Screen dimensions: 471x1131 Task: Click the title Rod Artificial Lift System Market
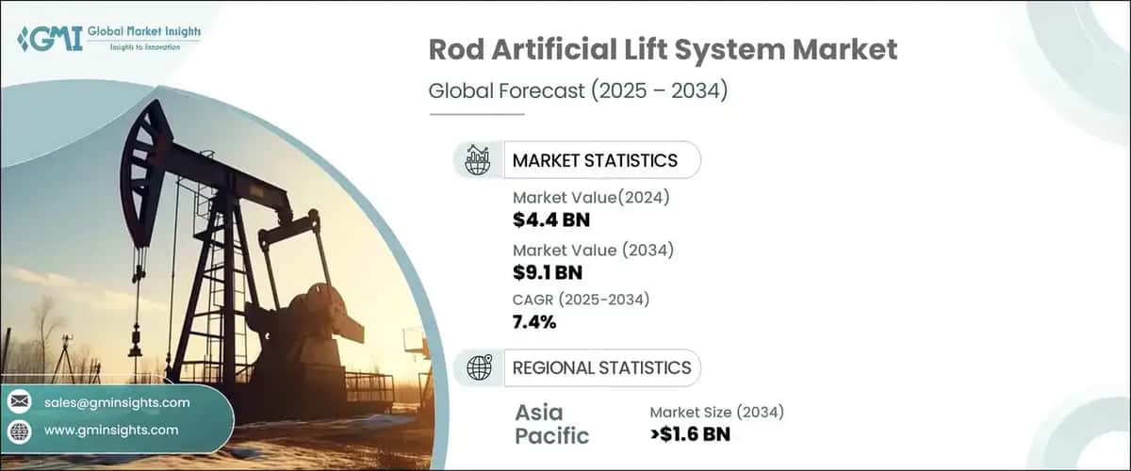[664, 51]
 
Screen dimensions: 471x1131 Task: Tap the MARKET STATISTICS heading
[595, 160]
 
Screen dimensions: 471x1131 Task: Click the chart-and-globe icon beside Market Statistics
[479, 160]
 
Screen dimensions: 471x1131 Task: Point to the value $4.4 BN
[551, 220]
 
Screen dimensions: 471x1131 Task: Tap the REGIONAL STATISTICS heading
[601, 367]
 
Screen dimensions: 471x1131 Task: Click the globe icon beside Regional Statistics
[479, 367]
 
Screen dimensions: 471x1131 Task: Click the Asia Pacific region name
[552, 423]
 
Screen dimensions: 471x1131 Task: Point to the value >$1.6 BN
[690, 434]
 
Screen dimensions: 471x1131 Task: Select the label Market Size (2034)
[716, 411]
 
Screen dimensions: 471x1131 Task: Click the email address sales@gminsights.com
[117, 402]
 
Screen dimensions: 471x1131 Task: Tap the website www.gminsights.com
[111, 430]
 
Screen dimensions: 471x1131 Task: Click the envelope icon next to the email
[19, 402]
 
